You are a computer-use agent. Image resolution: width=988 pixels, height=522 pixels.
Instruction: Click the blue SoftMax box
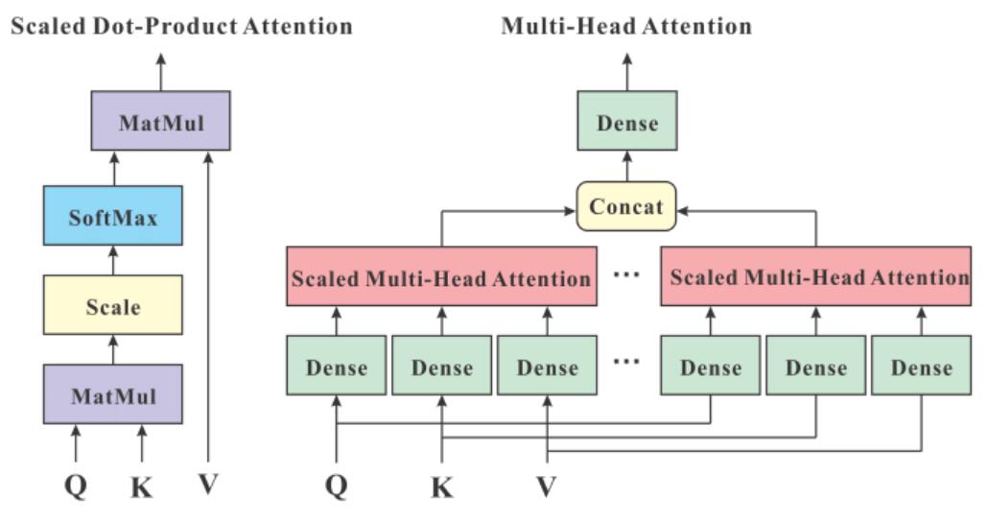112,217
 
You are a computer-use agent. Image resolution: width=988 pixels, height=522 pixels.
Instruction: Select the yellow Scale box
112,306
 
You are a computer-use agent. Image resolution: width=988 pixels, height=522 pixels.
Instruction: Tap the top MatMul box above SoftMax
160,121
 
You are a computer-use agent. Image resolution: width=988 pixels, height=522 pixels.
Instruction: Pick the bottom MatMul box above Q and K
112,394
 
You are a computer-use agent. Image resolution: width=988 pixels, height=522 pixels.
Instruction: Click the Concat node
626,206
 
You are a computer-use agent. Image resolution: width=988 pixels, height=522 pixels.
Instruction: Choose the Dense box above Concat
626,121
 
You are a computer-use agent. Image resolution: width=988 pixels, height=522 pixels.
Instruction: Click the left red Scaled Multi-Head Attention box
440,278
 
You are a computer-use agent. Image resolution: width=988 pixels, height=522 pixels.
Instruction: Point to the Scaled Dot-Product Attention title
181,25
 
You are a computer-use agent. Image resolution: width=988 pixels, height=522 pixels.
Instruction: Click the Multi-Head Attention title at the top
626,25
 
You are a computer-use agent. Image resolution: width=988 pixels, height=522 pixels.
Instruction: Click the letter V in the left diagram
208,486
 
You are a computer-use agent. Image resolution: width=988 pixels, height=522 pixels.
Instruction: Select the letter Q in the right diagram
336,487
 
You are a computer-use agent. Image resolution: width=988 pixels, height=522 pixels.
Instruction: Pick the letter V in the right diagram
547,487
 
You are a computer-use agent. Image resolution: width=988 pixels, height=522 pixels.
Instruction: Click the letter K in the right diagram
442,487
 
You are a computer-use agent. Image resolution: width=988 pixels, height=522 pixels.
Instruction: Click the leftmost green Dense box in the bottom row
336,367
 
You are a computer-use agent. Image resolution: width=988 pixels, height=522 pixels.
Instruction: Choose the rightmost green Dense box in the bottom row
921,367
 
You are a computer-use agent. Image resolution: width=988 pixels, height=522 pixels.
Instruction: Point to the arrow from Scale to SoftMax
113,260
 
